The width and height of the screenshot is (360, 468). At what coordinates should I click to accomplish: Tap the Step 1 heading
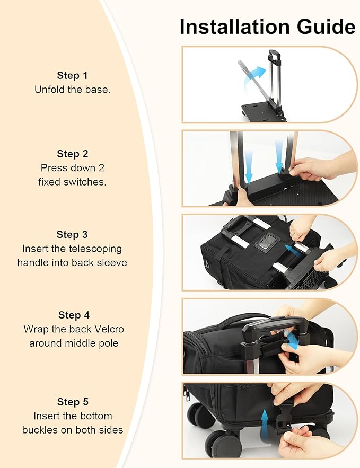tap(73, 75)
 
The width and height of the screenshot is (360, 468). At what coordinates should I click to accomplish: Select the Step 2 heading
tap(73, 154)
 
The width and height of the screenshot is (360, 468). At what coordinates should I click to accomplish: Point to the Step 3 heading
tap(72, 234)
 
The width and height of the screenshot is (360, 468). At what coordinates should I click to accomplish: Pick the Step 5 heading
tap(73, 402)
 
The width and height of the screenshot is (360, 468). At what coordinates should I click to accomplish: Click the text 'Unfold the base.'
tap(73, 90)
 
